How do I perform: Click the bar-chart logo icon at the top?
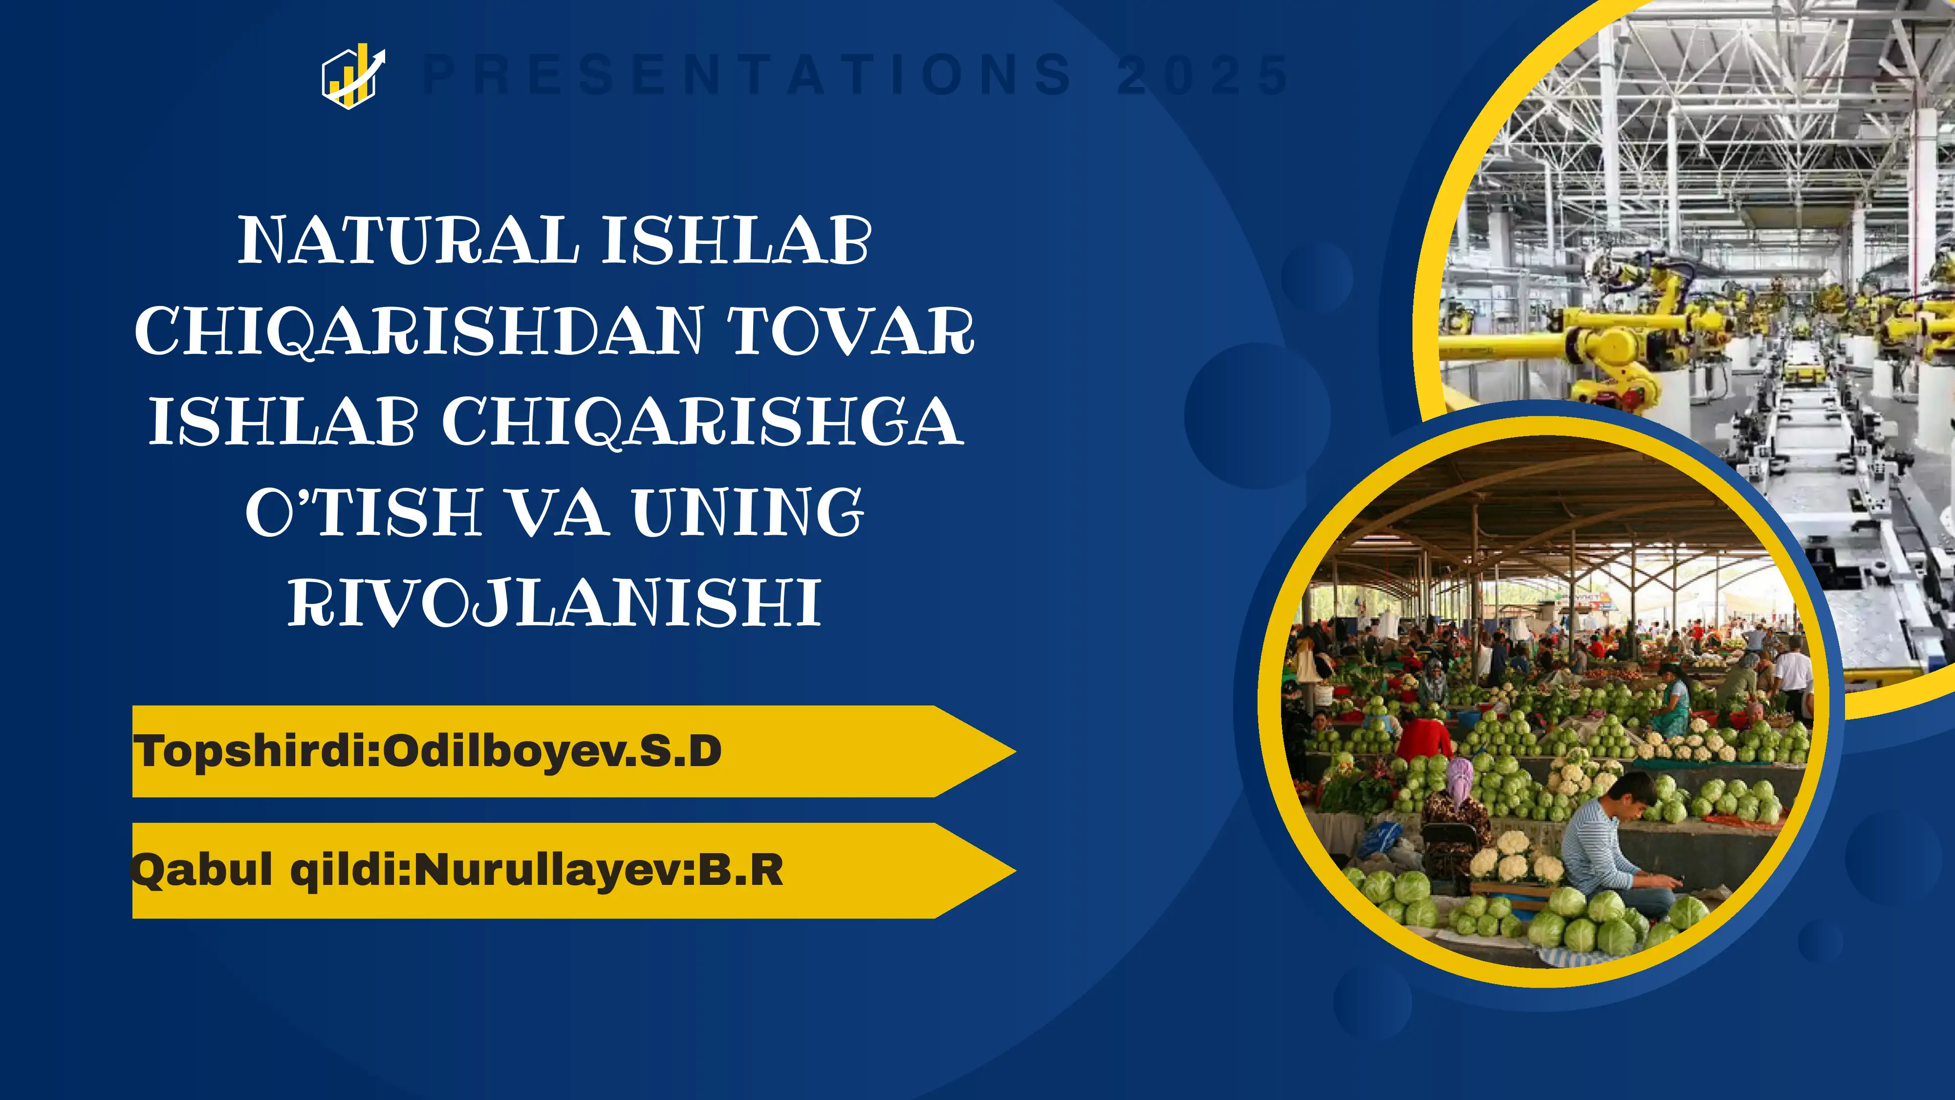tap(353, 75)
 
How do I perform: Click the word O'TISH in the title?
tap(364, 512)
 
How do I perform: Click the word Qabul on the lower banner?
tap(201, 870)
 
